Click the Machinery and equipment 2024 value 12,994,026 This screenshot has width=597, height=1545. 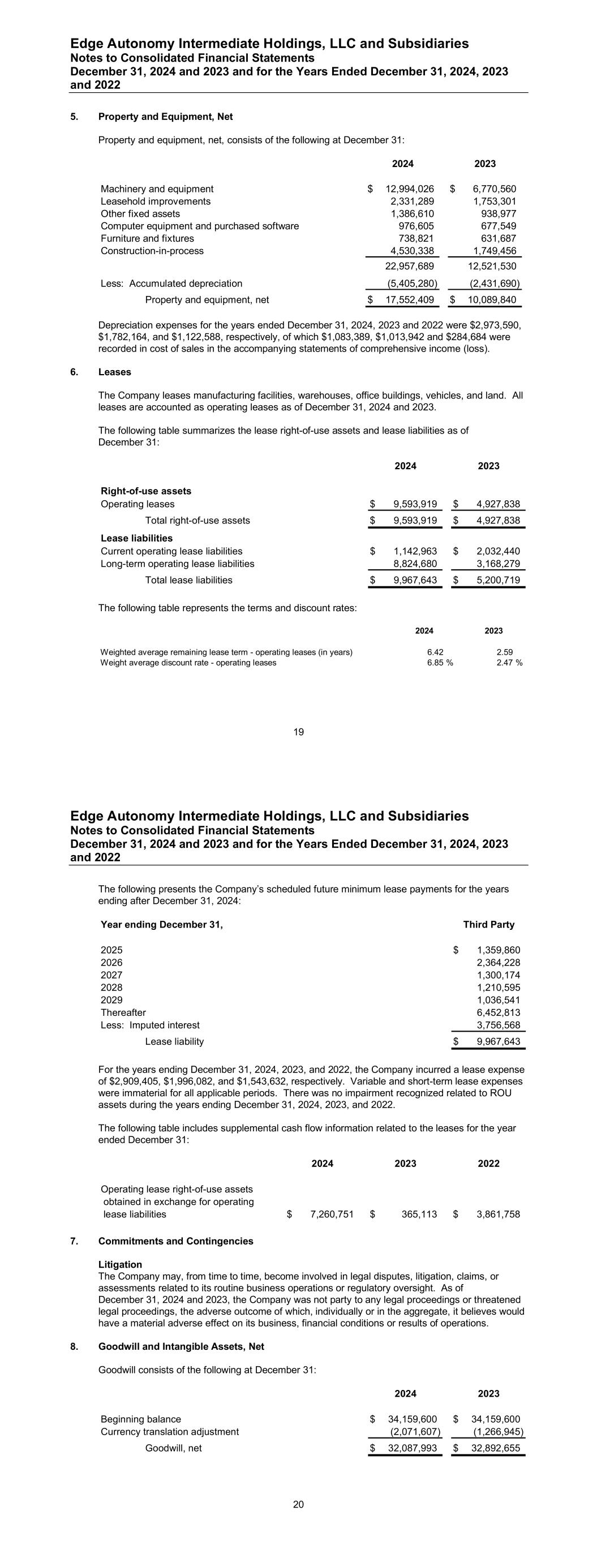point(409,189)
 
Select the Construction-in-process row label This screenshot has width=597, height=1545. point(152,251)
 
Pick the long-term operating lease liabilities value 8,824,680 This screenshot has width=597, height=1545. point(415,564)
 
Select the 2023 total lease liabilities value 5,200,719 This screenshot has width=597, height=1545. point(498,580)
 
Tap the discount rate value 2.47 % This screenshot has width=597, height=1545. point(509,663)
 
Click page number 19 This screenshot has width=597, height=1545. point(299,732)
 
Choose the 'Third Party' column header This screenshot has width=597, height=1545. point(488,924)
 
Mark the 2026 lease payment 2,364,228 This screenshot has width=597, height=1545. point(498,963)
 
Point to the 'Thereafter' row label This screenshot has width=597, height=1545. point(123,1012)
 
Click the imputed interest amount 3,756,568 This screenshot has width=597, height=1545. point(498,1025)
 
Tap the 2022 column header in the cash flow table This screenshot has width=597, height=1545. point(488,1164)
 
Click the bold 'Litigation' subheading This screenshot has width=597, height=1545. point(120,1264)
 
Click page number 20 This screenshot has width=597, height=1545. point(299,1504)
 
